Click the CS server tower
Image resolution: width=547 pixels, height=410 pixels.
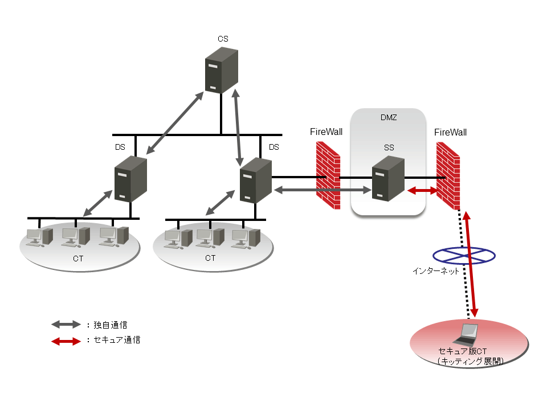click(221, 70)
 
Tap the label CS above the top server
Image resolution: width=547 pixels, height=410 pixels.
click(223, 39)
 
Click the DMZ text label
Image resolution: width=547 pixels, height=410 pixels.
click(388, 118)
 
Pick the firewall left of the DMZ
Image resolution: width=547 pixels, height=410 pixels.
click(328, 174)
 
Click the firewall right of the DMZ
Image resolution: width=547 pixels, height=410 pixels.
click(448, 175)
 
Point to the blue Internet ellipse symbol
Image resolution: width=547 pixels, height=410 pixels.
click(463, 256)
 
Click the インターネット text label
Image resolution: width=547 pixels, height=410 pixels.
click(436, 272)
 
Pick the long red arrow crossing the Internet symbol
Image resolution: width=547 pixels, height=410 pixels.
click(471, 265)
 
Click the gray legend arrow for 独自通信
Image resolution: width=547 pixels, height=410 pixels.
click(66, 325)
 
